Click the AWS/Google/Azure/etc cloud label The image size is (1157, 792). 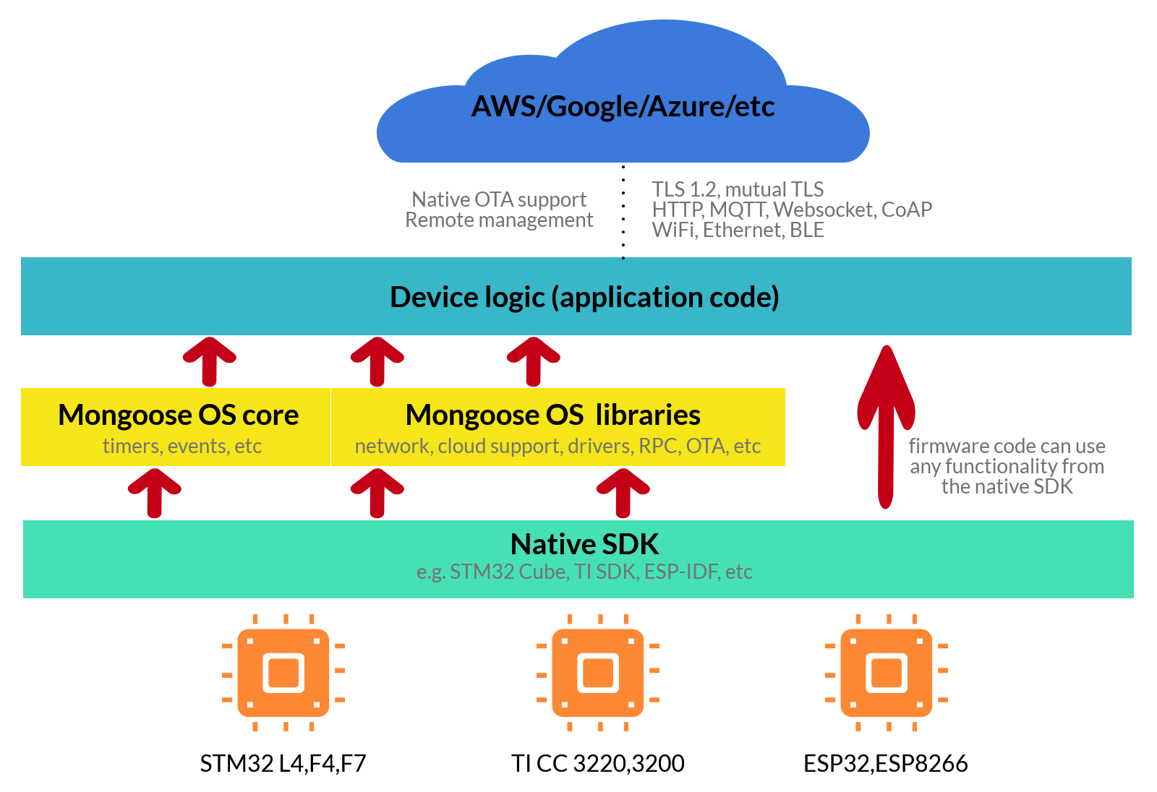(x=623, y=106)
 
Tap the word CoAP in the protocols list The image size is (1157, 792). (x=907, y=210)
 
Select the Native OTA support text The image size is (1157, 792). (x=499, y=199)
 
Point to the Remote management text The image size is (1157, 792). (x=499, y=220)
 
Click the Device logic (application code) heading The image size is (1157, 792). (x=584, y=297)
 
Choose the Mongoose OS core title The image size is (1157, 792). (x=179, y=415)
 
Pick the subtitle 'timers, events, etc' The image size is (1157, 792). (x=182, y=446)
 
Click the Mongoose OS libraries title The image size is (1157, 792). (x=553, y=415)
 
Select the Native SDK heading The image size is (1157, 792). (x=584, y=543)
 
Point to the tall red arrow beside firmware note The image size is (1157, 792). (x=886, y=426)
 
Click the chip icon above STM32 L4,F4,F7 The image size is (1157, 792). (x=283, y=673)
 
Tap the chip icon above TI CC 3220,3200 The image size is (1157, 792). (x=598, y=673)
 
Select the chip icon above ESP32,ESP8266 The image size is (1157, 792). (x=887, y=673)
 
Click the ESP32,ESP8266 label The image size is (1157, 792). (x=886, y=763)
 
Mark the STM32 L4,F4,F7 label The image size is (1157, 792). (x=283, y=763)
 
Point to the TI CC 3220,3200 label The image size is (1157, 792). (x=598, y=763)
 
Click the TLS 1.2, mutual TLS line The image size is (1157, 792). (x=738, y=189)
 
